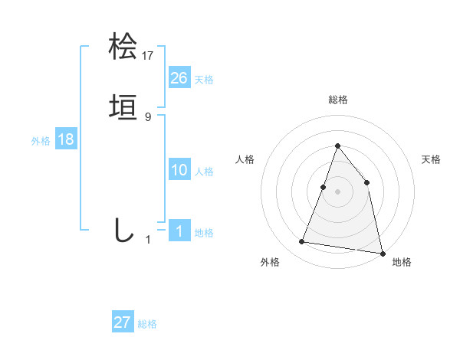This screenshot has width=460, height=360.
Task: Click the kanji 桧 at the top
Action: pyautogui.click(x=123, y=46)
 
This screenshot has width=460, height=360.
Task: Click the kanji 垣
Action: pyautogui.click(x=123, y=107)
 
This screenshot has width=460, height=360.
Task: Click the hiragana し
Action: pyautogui.click(x=123, y=229)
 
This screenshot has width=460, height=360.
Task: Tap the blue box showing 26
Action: pyautogui.click(x=179, y=78)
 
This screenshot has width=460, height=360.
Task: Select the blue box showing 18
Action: pyautogui.click(x=66, y=139)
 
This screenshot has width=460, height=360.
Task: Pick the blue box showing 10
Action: pyautogui.click(x=179, y=170)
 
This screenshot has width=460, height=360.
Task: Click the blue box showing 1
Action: pyautogui.click(x=179, y=231)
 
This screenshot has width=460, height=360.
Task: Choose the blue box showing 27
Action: pyautogui.click(x=123, y=322)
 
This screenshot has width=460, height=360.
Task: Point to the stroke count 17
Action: pyautogui.click(x=148, y=55)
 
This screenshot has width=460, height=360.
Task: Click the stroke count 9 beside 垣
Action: pyautogui.click(x=148, y=116)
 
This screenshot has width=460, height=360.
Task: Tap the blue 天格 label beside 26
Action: pyautogui.click(x=204, y=80)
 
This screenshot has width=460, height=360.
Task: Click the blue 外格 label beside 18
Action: pyautogui.click(x=41, y=141)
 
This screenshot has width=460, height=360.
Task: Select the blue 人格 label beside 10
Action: pyautogui.click(x=204, y=172)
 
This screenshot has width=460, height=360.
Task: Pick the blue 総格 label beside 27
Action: pyautogui.click(x=147, y=324)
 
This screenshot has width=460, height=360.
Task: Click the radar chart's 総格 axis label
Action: pyautogui.click(x=337, y=100)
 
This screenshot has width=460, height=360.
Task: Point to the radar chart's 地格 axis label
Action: pyautogui.click(x=402, y=263)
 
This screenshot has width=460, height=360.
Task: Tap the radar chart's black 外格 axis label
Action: pyautogui.click(x=270, y=263)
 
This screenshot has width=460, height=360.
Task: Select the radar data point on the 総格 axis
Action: pyautogui.click(x=337, y=146)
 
